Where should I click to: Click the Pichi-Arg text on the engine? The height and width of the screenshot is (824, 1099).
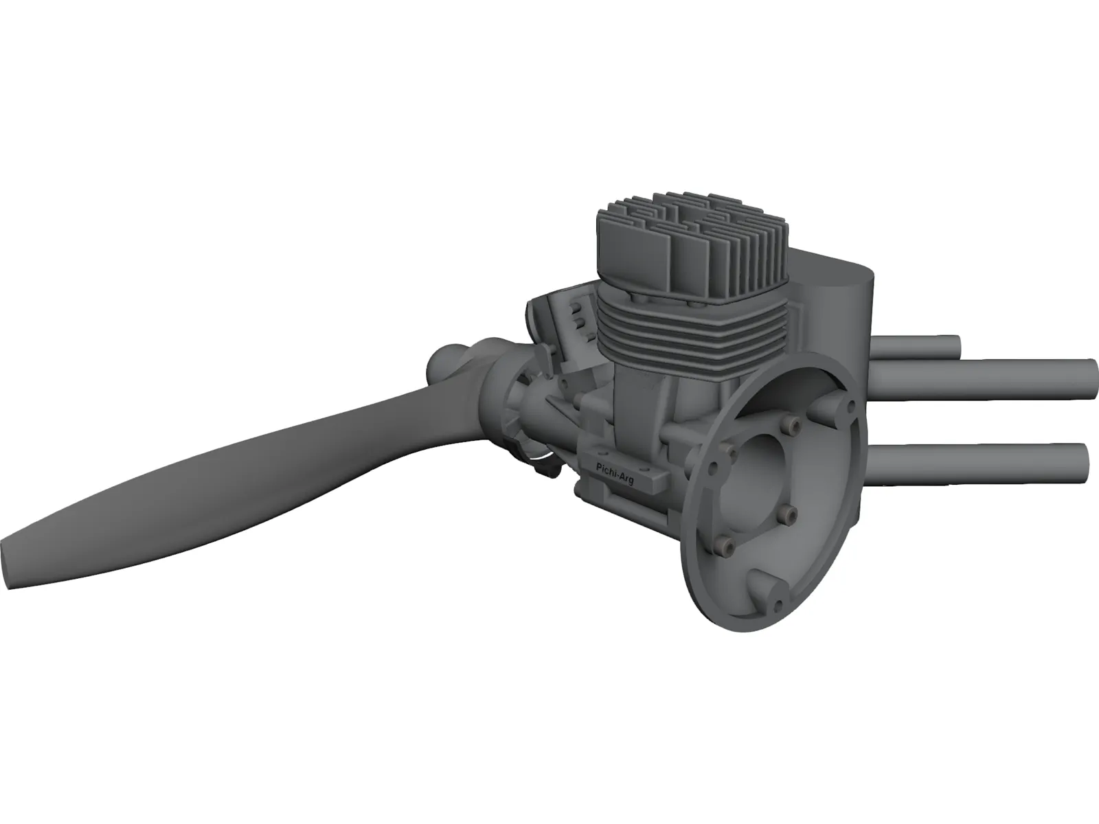pos(614,474)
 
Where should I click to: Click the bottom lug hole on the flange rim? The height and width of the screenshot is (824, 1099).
pos(778,605)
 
